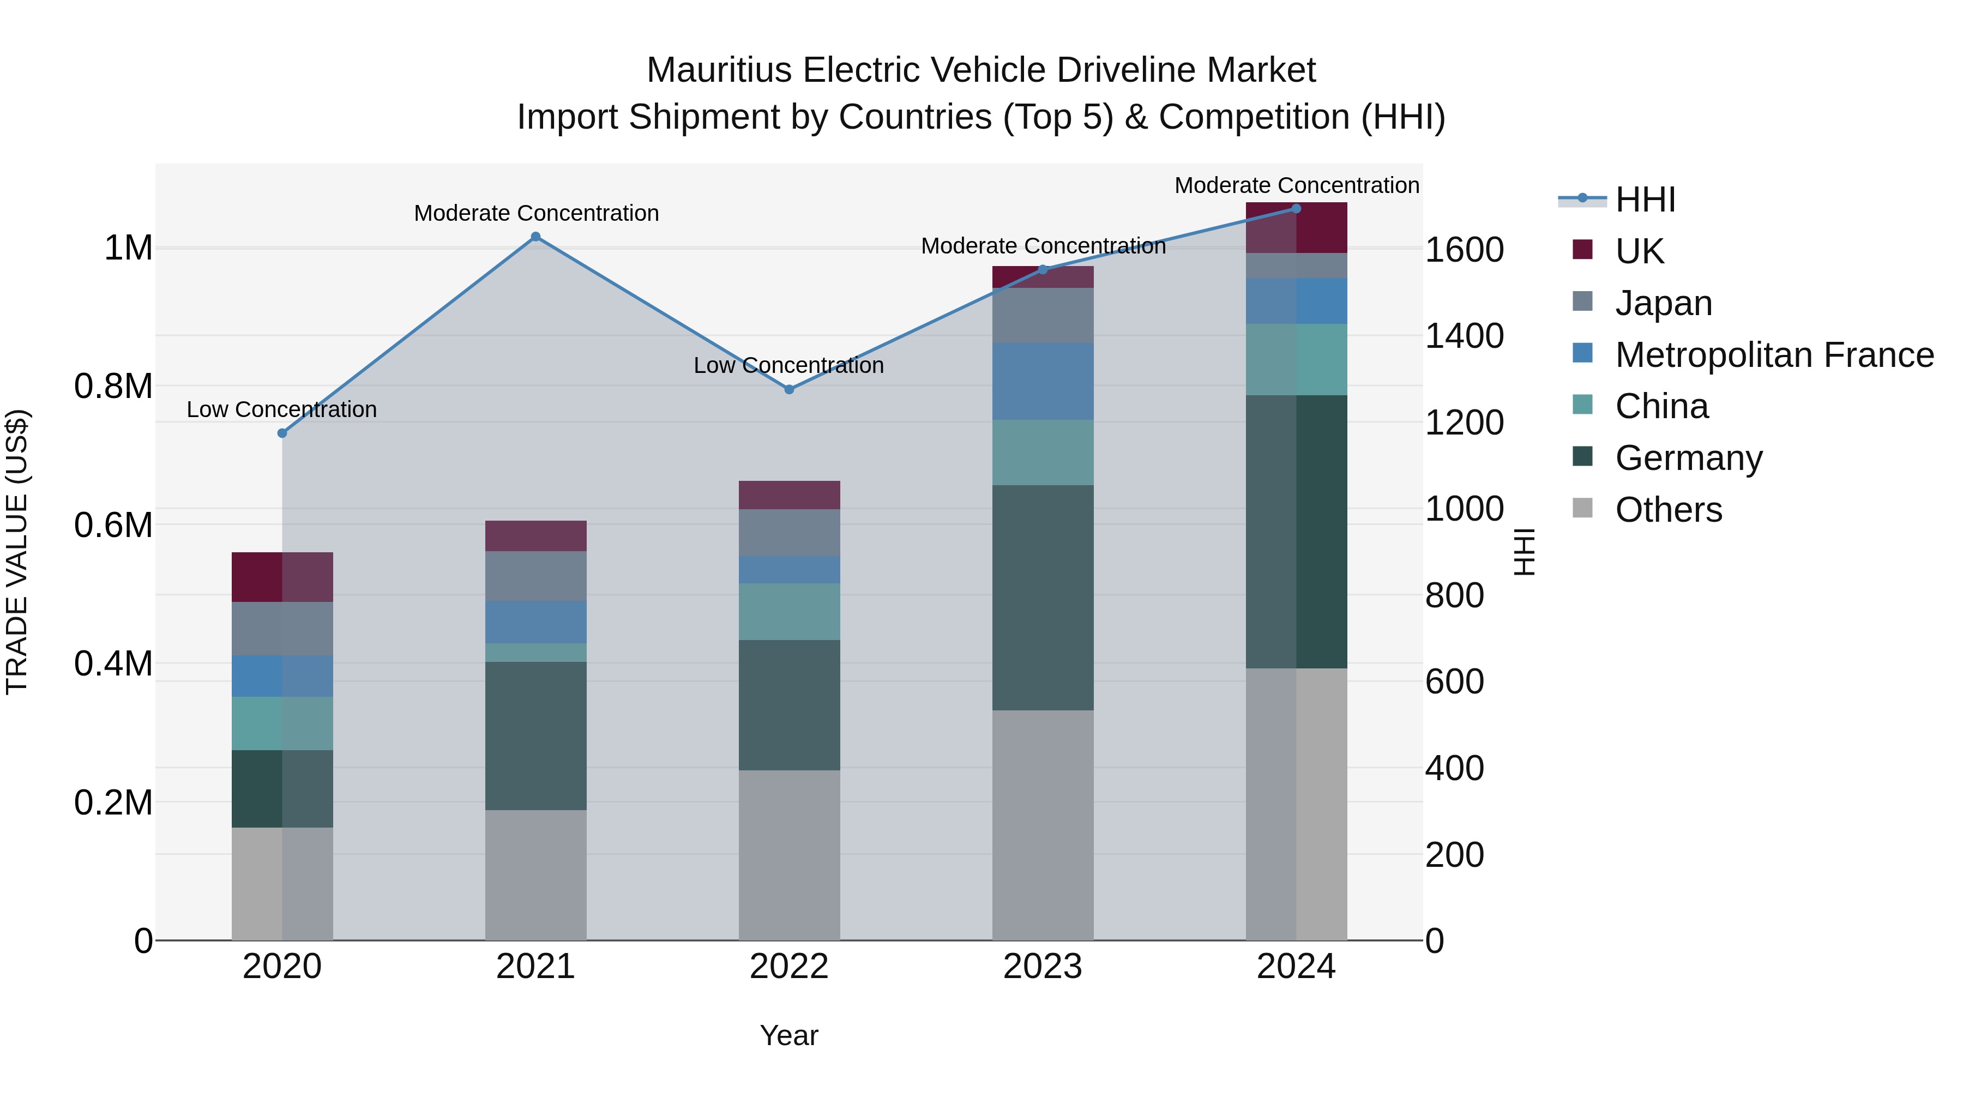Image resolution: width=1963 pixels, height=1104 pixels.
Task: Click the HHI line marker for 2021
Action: [x=535, y=237]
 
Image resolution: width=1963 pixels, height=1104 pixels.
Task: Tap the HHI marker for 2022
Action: [x=790, y=389]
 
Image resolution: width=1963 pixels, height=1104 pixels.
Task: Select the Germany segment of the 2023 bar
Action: [x=1043, y=598]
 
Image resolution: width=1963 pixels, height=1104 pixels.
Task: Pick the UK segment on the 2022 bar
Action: [x=790, y=494]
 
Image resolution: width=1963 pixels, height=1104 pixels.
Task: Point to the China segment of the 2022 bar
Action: [x=790, y=611]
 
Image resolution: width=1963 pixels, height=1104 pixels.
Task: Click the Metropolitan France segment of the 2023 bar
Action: [x=1043, y=381]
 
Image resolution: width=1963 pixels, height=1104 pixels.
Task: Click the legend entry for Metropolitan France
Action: [x=1774, y=355]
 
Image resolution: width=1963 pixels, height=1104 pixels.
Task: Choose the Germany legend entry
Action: [x=1689, y=458]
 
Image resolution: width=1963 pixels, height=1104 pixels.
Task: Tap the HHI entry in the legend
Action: [x=1645, y=200]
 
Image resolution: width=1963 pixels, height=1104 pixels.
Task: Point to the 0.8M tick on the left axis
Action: [x=113, y=387]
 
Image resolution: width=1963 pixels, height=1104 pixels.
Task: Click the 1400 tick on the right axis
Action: [x=1464, y=336]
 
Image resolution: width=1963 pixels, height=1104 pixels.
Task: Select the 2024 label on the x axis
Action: [x=1296, y=967]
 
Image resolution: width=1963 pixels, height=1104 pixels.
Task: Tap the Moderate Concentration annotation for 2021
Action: [x=535, y=213]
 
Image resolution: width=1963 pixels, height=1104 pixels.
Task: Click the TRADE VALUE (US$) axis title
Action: [x=17, y=552]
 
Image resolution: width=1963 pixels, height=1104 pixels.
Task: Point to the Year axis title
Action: [x=788, y=1035]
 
